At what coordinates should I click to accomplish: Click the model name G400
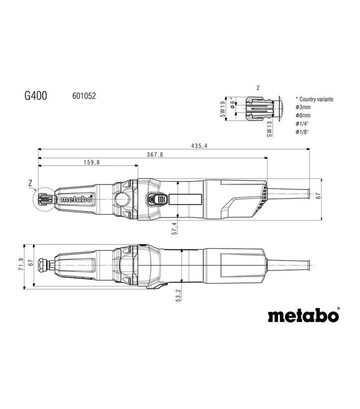35,95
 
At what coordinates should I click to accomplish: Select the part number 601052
84,96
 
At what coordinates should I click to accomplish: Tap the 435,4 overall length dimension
199,146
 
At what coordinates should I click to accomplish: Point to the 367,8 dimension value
155,154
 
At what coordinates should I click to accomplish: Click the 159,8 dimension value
91,162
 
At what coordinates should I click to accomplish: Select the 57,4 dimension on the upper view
174,228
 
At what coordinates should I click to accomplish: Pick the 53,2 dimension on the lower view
178,295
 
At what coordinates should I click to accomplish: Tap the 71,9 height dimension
21,264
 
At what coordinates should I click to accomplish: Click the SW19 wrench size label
222,109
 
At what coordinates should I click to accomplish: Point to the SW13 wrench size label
269,128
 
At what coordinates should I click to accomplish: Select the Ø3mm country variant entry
303,107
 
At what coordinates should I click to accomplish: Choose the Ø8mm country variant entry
303,115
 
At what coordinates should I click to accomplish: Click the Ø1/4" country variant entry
302,123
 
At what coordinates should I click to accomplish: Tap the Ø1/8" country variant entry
302,131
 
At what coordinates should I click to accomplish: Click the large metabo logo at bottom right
304,315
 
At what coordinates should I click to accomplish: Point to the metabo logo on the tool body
76,199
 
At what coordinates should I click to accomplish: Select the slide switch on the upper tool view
157,199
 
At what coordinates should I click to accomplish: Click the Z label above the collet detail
258,88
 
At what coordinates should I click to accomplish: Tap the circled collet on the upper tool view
44,199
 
